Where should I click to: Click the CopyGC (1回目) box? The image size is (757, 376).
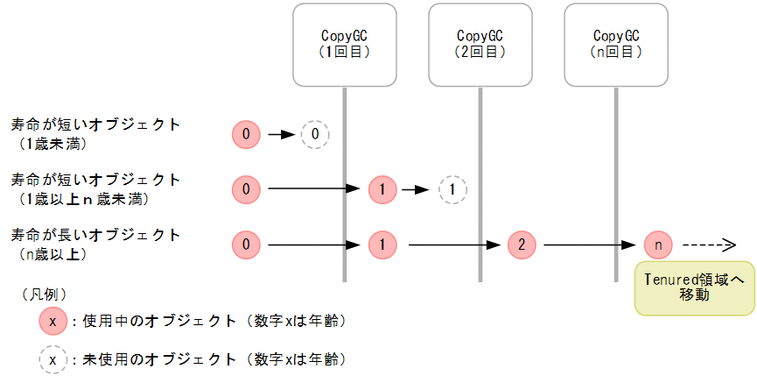click(x=344, y=45)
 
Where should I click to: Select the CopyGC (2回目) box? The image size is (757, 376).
click(x=480, y=45)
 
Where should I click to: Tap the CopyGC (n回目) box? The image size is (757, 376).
click(x=616, y=45)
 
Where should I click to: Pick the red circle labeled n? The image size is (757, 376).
click(x=657, y=245)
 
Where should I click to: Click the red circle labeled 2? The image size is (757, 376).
click(x=522, y=245)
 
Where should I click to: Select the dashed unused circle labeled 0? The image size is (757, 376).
click(x=315, y=135)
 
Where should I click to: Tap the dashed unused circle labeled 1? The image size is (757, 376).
click(x=452, y=188)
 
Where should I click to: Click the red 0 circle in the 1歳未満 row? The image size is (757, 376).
click(x=247, y=135)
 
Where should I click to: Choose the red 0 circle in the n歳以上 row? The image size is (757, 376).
click(x=247, y=245)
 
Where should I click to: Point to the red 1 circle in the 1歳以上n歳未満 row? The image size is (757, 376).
click(x=383, y=188)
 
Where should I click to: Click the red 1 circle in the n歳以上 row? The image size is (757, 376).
click(x=383, y=245)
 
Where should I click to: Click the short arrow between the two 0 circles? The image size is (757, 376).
click(x=281, y=135)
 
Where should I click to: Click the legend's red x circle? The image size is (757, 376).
click(x=53, y=322)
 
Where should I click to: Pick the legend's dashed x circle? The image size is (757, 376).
click(x=53, y=359)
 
